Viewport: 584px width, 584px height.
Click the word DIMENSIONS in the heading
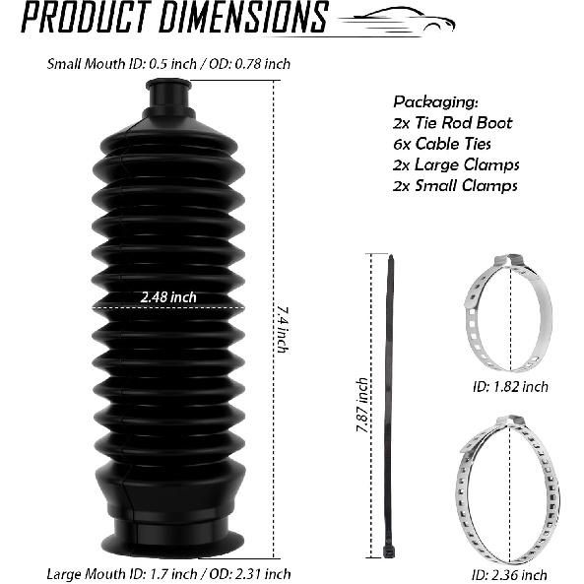point(243,17)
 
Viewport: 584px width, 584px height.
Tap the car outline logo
point(398,22)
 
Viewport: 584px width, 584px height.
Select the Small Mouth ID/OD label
point(168,64)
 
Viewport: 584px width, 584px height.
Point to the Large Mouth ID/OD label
point(168,574)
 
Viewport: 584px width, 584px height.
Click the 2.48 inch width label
point(168,297)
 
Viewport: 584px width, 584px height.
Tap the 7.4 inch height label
point(282,330)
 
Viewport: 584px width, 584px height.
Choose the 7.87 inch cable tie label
point(362,405)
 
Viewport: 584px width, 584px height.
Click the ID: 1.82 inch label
point(510,387)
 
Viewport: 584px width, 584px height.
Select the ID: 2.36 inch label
point(509,575)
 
